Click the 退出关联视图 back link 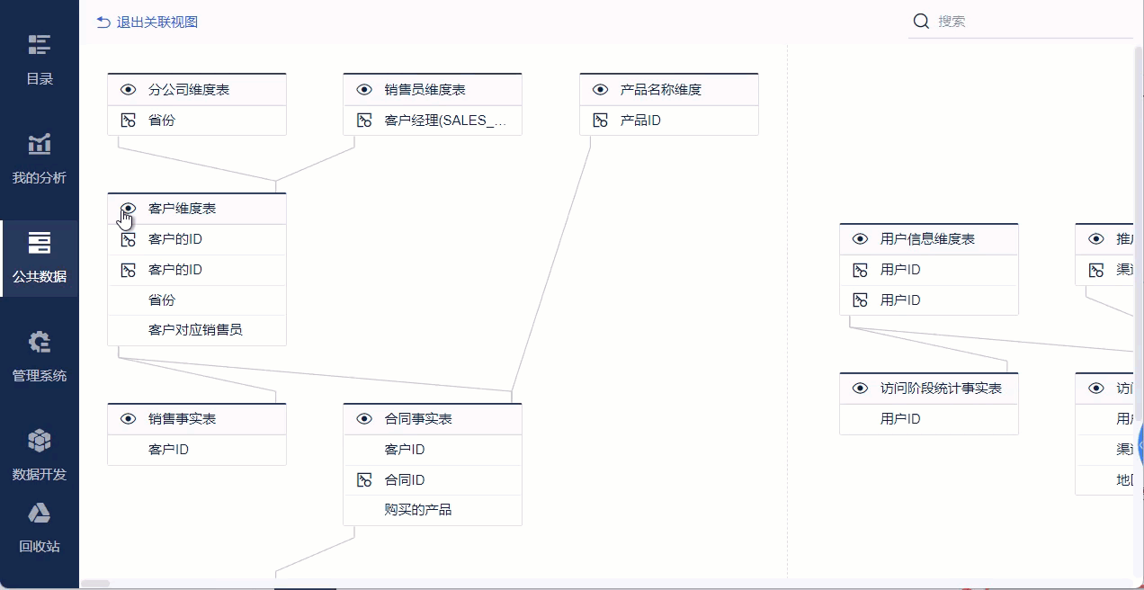147,22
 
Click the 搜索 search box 1025,22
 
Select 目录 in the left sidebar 40,59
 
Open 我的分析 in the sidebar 40,158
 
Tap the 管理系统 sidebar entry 40,356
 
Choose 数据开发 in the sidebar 40,455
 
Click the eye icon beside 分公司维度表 129,90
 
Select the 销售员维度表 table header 425,90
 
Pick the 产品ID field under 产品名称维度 640,120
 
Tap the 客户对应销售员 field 195,330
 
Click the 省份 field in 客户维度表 162,299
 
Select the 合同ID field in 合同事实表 405,480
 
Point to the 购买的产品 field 418,510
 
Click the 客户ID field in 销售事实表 168,449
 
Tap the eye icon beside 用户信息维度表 861,239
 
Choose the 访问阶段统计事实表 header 941,389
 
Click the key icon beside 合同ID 364,480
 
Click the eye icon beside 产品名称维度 601,90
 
